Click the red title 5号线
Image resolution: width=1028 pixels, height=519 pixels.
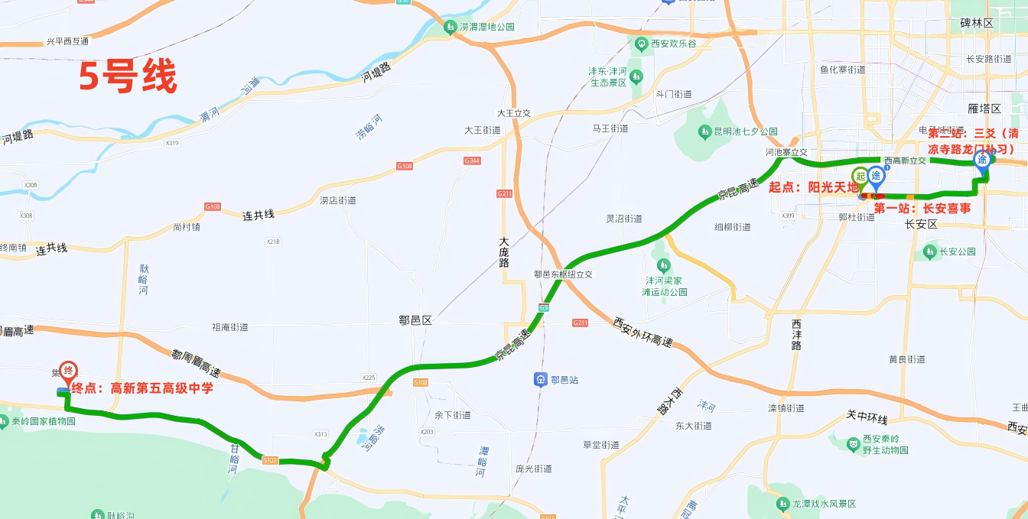tap(128, 77)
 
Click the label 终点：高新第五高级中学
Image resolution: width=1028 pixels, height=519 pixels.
tap(142, 388)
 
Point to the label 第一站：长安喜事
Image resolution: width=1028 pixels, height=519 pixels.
tap(922, 208)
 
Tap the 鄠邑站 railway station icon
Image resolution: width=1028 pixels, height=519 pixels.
tap(541, 379)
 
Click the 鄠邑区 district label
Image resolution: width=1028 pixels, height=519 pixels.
tap(415, 321)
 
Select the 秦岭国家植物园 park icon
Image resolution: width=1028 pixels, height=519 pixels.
tap(6, 421)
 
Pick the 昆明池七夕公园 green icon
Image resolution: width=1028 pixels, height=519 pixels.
tap(704, 131)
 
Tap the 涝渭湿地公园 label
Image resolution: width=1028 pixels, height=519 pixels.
tap(487, 27)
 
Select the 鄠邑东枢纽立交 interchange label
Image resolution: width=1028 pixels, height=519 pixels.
tap(564, 274)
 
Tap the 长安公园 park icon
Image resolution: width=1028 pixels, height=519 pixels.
tap(929, 251)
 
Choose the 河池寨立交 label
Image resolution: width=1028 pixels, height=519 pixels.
tap(786, 151)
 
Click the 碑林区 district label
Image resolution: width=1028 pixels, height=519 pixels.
tap(977, 24)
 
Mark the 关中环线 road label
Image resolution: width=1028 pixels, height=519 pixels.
tap(867, 418)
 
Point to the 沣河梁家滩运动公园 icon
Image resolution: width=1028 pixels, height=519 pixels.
tap(662, 264)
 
